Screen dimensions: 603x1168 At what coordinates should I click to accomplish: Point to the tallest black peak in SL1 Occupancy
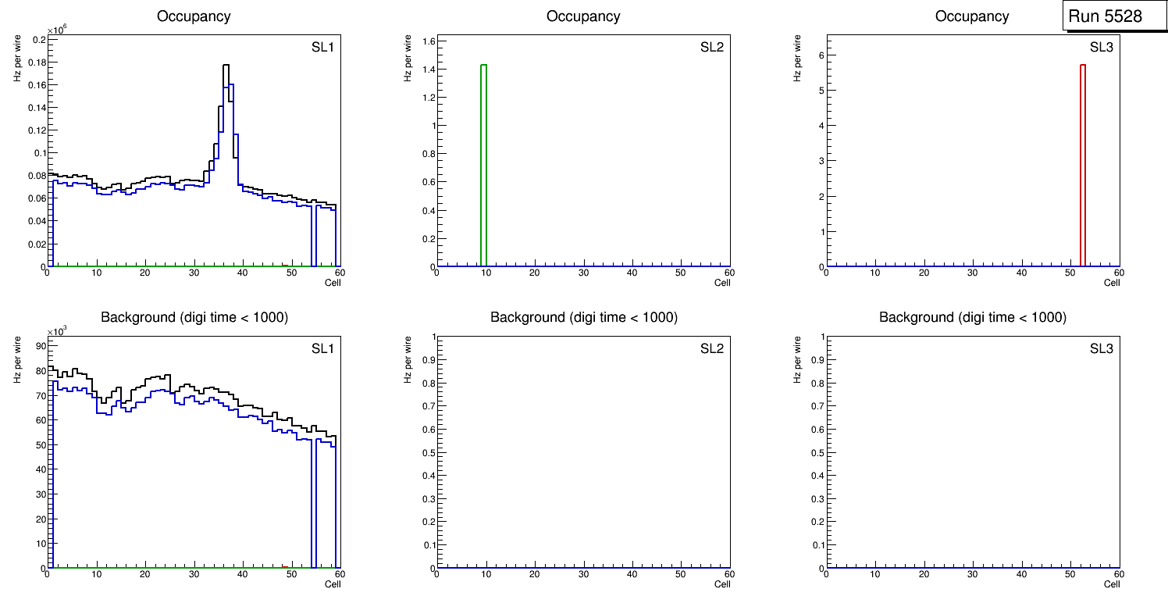pyautogui.click(x=226, y=66)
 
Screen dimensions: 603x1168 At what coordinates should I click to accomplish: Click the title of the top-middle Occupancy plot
pyautogui.click(x=583, y=16)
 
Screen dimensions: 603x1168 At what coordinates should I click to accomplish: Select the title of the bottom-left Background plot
pyautogui.click(x=194, y=317)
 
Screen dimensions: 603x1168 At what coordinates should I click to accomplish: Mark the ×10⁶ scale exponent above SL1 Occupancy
pyautogui.click(x=56, y=30)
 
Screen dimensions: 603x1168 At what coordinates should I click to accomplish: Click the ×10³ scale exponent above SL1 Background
pyautogui.click(x=56, y=331)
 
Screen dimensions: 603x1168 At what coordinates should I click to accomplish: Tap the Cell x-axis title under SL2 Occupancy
pyautogui.click(x=722, y=283)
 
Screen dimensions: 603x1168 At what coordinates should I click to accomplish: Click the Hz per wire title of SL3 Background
pyautogui.click(x=798, y=359)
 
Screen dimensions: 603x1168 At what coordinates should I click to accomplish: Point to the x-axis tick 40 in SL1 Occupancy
pyautogui.click(x=242, y=273)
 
